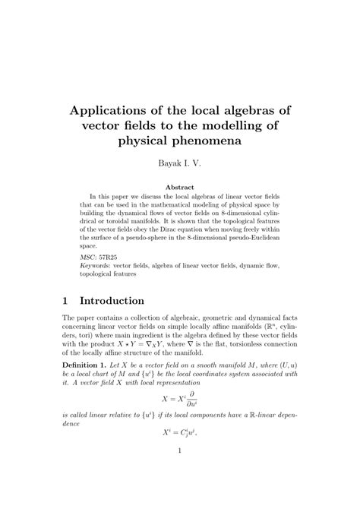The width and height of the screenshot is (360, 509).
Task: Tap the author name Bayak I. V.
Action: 180,163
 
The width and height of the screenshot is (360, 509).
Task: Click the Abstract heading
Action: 180,187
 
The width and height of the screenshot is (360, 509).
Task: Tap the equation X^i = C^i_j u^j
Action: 180,454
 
